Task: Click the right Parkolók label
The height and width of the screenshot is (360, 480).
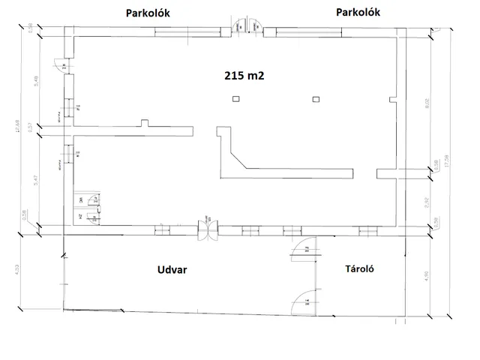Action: point(358,12)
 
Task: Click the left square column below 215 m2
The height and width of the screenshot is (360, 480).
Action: point(235,99)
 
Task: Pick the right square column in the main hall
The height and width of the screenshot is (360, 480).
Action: point(316,99)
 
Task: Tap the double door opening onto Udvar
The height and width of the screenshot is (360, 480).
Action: point(205,229)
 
